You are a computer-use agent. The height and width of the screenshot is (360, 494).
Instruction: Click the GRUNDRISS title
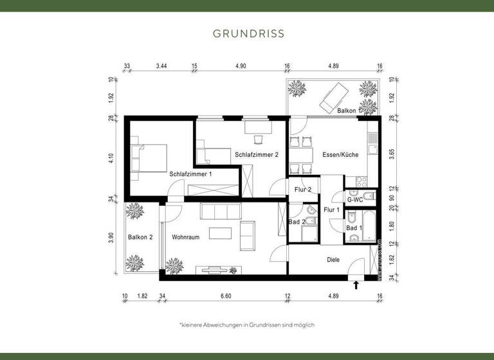[x=248, y=33]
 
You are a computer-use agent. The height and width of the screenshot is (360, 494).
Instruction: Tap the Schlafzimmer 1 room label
[x=190, y=174]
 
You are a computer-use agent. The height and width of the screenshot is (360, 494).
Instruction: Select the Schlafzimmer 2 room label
[x=257, y=155]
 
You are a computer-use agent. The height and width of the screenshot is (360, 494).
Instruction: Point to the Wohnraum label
[x=185, y=237]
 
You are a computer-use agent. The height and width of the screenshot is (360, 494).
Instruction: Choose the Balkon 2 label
[x=140, y=237]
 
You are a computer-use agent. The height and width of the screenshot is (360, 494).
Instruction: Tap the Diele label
[x=333, y=260]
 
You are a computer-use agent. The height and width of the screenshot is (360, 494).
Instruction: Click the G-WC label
[x=355, y=200]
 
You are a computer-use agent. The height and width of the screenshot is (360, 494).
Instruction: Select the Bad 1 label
[x=354, y=228]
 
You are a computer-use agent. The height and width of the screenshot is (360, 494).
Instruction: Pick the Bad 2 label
[x=297, y=222]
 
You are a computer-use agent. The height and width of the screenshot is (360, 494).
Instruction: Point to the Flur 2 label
[x=303, y=190]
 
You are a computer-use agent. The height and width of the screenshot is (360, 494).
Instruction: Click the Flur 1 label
[x=331, y=210]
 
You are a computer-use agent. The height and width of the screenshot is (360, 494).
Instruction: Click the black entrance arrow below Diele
[x=356, y=283]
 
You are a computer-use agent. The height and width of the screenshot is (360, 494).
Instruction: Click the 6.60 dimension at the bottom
[x=225, y=296]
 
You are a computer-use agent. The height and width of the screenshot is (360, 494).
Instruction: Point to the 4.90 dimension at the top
[x=241, y=66]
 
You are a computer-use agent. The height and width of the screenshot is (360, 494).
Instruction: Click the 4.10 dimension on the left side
[x=111, y=157]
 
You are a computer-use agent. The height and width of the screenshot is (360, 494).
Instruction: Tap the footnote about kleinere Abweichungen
[x=247, y=325]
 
